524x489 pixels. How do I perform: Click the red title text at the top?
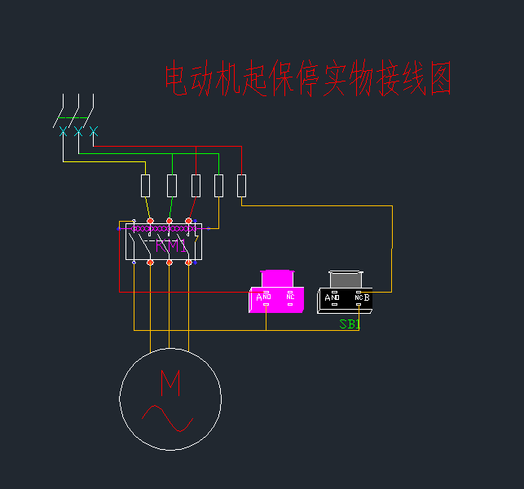tap(308, 80)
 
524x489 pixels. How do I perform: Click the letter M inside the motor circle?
tap(170, 382)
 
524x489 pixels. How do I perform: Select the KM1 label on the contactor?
tap(170, 245)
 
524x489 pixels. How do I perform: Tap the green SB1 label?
tap(350, 324)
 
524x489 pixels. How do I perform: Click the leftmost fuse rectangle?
tap(146, 186)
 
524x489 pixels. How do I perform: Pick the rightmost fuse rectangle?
tap(241, 186)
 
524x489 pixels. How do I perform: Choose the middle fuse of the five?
tap(196, 186)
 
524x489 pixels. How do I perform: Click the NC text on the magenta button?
tap(290, 297)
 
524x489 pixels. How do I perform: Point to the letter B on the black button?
tap(367, 298)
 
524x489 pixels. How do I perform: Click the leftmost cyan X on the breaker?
tap(64, 130)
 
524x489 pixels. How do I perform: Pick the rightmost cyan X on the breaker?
tap(93, 130)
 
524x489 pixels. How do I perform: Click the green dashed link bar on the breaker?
tap(73, 118)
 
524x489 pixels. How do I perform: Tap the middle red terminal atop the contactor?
tap(170, 220)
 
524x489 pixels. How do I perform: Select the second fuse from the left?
tap(172, 186)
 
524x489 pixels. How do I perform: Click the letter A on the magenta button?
tap(259, 297)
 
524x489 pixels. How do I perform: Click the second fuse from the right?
tap(218, 186)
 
